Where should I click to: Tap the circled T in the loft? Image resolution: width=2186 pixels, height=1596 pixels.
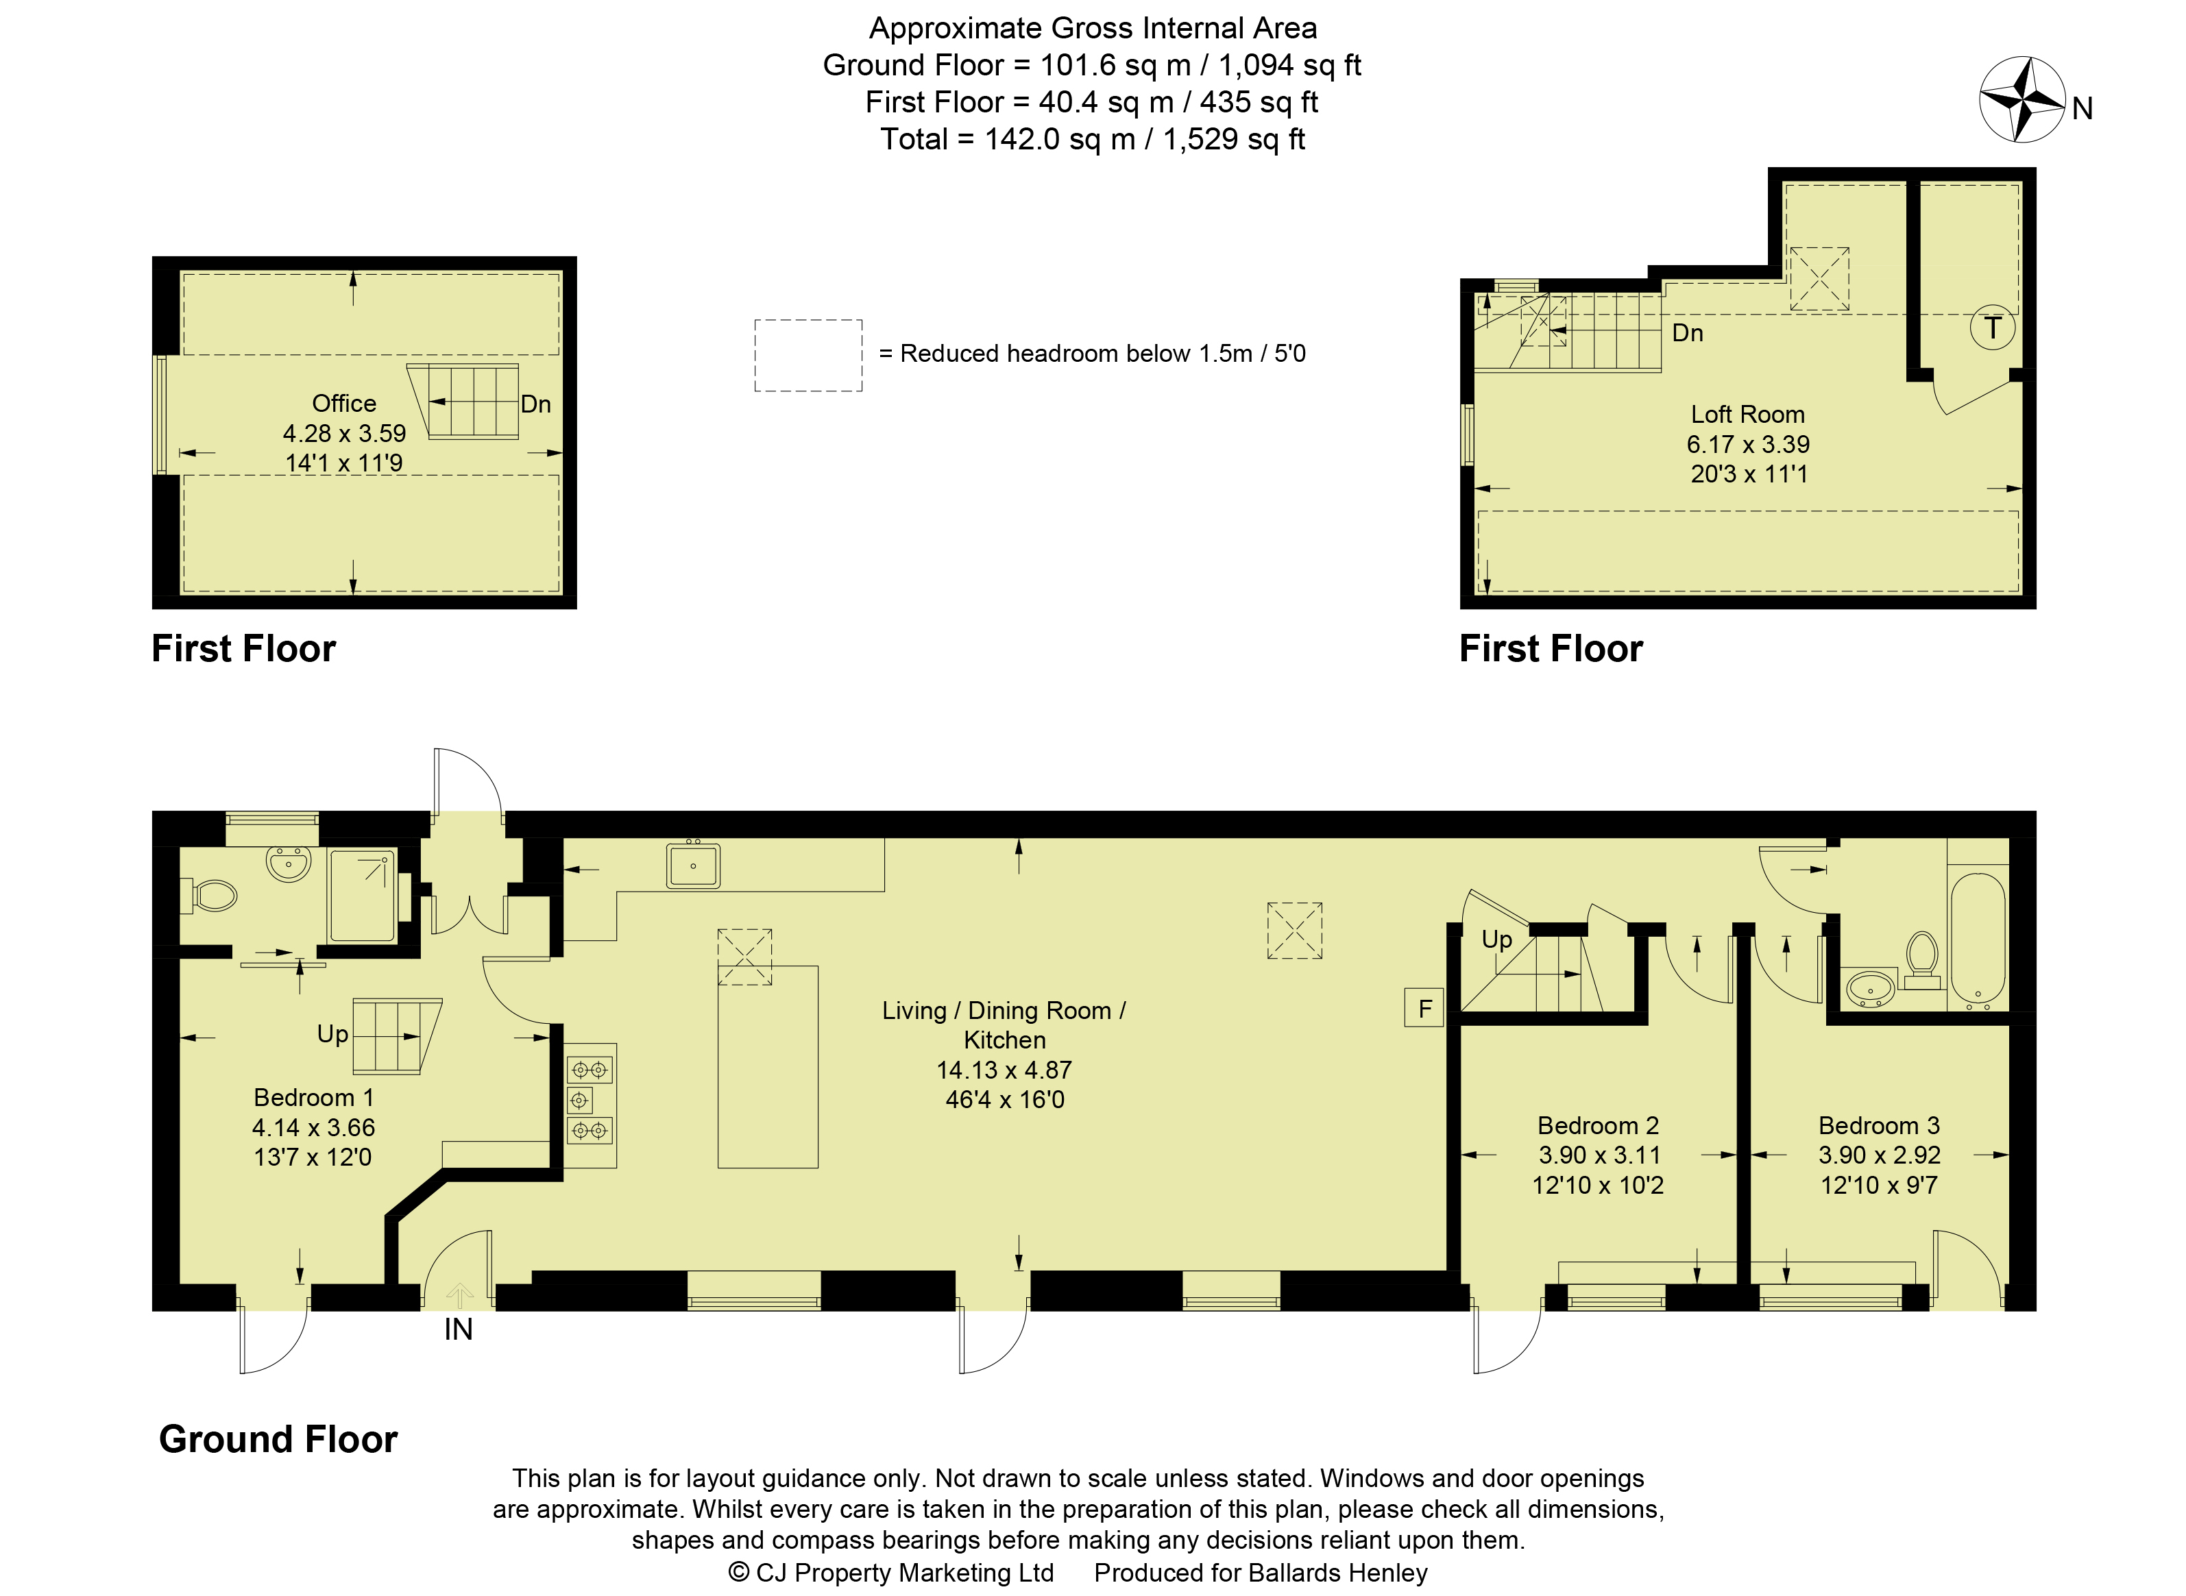pyautogui.click(x=1992, y=328)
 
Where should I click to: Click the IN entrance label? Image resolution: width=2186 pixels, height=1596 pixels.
pyautogui.click(x=458, y=1329)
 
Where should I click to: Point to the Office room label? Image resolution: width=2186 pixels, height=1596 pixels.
pyautogui.click(x=344, y=403)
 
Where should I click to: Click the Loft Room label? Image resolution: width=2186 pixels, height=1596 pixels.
pyautogui.click(x=1747, y=415)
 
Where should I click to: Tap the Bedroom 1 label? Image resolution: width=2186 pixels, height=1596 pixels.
pyautogui.click(x=313, y=1098)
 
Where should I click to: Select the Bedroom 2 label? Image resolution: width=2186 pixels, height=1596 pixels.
pyautogui.click(x=1599, y=1125)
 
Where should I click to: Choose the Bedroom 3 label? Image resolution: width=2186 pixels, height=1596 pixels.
pyautogui.click(x=1879, y=1125)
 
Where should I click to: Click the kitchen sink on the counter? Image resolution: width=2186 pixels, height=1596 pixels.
pyautogui.click(x=693, y=865)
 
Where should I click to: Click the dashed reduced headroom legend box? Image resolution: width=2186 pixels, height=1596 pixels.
pyautogui.click(x=808, y=356)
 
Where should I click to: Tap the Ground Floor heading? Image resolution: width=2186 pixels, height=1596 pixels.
pyautogui.click(x=278, y=1438)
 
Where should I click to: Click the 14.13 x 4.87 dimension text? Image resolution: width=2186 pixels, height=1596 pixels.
pyautogui.click(x=1004, y=1070)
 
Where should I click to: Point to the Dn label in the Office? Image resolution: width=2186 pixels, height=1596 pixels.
pyautogui.click(x=535, y=404)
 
